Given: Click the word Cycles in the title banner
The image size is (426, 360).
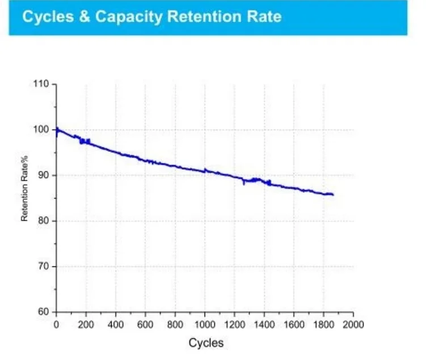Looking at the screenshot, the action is (48, 16).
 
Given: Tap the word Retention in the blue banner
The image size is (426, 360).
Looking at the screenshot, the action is (204, 16).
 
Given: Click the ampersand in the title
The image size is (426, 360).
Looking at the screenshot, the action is (84, 16).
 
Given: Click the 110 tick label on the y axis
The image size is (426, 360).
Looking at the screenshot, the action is (41, 83).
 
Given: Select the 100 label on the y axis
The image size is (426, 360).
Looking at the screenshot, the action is (41, 129).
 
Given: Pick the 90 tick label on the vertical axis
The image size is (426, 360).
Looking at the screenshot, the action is (44, 175).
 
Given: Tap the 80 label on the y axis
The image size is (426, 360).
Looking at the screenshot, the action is (44, 221).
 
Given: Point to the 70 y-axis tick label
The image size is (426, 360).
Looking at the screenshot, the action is (44, 266).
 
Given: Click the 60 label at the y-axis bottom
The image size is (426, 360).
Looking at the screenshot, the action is (44, 312).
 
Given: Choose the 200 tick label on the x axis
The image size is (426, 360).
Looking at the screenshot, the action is (86, 324).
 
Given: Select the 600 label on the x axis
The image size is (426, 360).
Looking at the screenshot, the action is (145, 324).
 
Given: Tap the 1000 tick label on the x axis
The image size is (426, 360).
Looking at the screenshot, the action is (205, 324).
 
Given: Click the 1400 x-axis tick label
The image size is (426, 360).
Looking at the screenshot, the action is (264, 324).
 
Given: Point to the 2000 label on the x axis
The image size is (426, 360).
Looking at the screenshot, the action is (353, 324).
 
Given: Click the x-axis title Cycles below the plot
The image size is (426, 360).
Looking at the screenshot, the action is (206, 343).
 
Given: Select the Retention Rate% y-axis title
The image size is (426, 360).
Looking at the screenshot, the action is (24, 188).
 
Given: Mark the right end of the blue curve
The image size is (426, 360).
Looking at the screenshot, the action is (334, 194).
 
